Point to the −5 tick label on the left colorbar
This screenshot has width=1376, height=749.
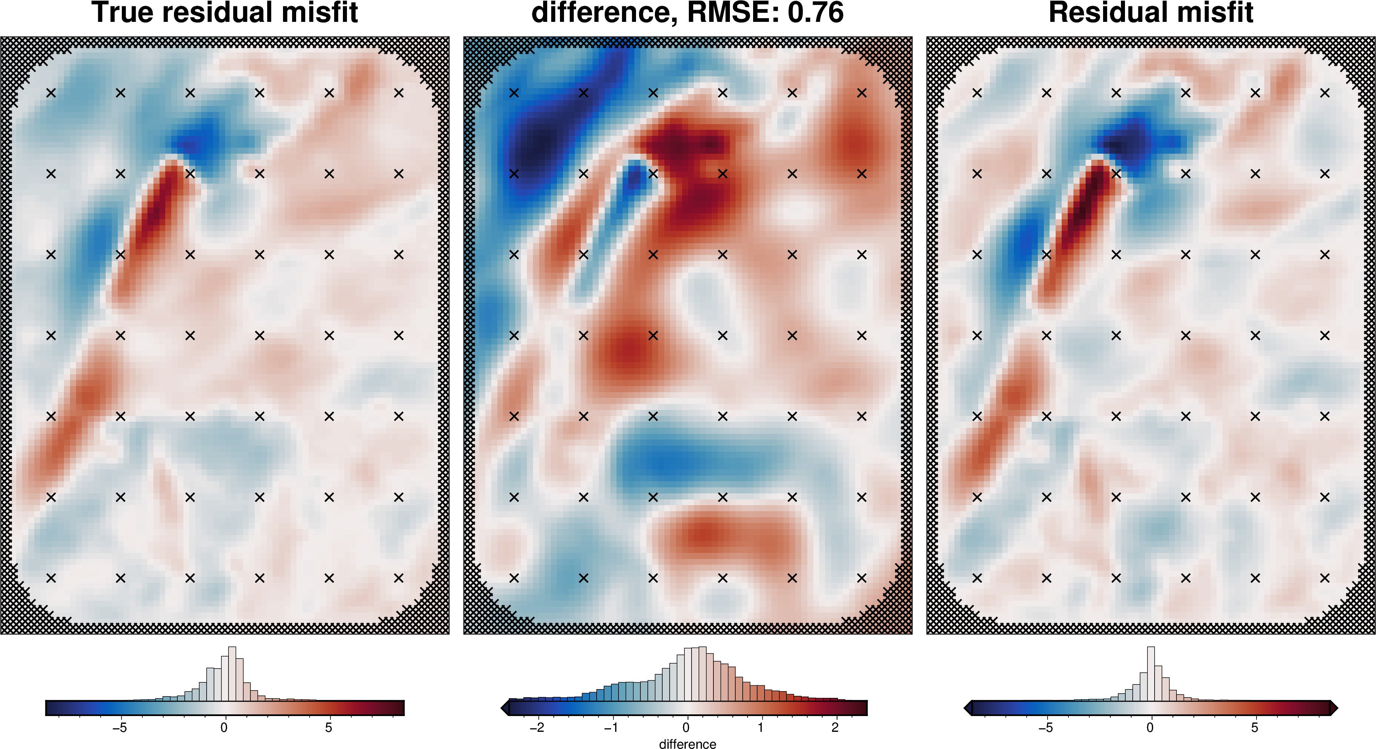(120, 728)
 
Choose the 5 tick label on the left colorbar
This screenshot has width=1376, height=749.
(328, 728)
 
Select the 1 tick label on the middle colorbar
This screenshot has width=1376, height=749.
(761, 728)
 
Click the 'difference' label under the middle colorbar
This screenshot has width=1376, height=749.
(687, 744)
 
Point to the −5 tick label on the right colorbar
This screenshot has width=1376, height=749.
(1045, 728)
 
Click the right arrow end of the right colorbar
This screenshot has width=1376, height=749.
(1334, 708)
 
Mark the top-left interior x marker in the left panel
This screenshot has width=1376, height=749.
(51, 93)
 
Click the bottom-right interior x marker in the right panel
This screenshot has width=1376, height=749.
(1325, 577)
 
